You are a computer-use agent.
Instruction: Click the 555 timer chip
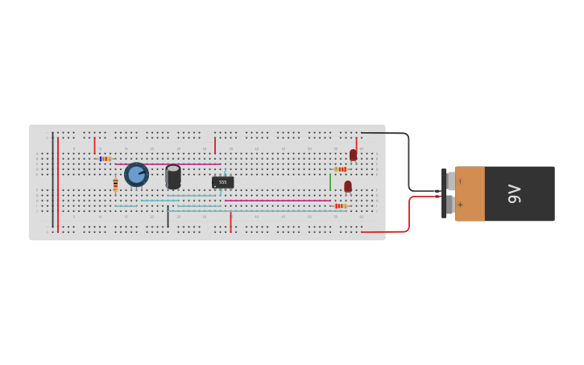coord(223,182)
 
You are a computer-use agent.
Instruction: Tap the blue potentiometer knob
coord(136,174)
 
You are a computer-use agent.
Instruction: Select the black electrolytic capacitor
coord(173,176)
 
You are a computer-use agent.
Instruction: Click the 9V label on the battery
coord(515,193)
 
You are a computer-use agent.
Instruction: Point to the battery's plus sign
coord(460,205)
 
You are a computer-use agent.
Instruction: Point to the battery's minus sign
coord(460,180)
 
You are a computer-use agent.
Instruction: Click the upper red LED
coord(353,155)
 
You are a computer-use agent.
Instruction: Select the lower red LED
coord(348,186)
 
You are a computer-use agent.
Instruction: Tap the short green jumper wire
coord(330,181)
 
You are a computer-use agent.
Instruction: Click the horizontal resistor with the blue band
coord(106,159)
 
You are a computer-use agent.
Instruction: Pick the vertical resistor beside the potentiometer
coord(115,185)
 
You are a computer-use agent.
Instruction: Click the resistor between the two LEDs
coord(341,169)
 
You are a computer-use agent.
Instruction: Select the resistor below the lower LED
coord(340,205)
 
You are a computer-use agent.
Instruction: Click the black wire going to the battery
coord(408,161)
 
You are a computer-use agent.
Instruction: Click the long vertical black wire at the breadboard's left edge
coord(53,179)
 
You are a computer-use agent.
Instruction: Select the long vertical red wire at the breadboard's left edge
coord(58,184)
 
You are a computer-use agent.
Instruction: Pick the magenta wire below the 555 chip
coord(277,201)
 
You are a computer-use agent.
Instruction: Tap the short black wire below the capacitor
coord(168,216)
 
